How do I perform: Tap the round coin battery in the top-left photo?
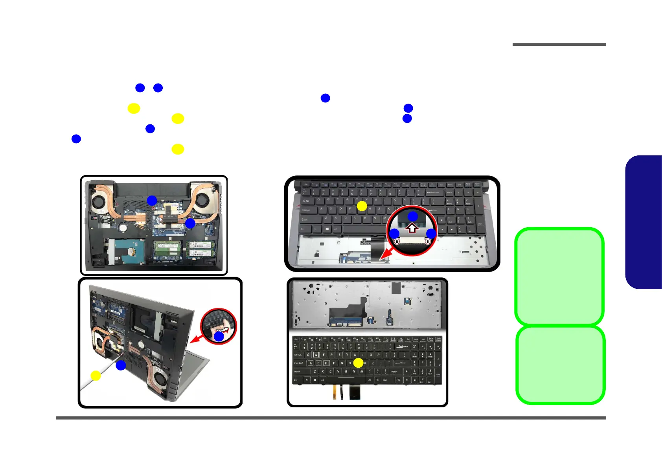pos(123,227)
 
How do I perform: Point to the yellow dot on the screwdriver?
pos(96,376)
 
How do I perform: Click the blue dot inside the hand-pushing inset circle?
pos(219,336)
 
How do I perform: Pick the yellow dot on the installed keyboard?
pos(362,206)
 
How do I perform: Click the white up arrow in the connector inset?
pos(412,228)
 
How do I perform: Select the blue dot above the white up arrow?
pos(412,216)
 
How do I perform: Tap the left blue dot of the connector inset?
pos(394,233)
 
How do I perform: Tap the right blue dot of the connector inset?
pos(431,233)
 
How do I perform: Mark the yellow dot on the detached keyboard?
pos(358,363)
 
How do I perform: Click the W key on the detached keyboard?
pos(316,355)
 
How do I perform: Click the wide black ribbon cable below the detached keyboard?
pos(356,392)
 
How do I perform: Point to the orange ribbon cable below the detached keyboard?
pos(335,390)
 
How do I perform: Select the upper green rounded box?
pos(559,276)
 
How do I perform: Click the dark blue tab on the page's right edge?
pos(645,222)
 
